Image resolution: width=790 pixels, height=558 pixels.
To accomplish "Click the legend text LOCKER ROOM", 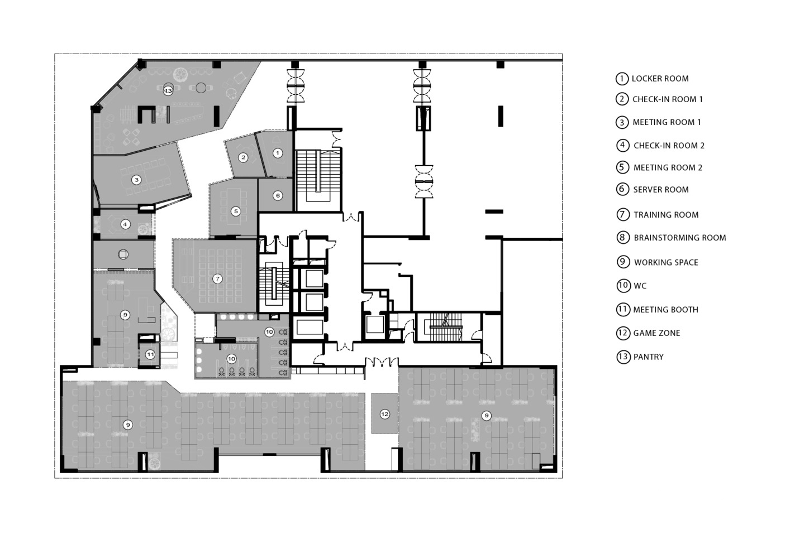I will point(660,79).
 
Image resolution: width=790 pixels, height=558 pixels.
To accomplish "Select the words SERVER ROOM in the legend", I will point(660,190).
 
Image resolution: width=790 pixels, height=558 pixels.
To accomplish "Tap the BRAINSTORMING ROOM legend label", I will point(679,238).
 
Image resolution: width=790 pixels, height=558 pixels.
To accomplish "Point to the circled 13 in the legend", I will point(623,357).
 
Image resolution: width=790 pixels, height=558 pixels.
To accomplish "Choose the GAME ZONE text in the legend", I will point(656,333).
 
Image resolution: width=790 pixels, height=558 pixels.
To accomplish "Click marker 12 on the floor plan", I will point(384,414).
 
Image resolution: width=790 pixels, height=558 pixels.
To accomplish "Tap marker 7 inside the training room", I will point(217,278).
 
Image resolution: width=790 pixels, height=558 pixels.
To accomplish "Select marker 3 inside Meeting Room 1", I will point(136,180).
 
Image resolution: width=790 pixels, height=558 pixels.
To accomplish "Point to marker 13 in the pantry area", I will point(168,90).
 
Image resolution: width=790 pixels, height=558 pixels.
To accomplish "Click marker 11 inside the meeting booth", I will point(150,354).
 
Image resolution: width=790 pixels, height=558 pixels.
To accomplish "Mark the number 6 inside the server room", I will point(278,195).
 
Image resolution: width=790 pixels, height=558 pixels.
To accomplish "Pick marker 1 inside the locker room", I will point(277,152).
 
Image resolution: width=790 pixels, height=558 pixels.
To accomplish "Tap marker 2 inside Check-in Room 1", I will point(243,157).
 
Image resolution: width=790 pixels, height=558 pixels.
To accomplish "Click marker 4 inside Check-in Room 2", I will point(125,224).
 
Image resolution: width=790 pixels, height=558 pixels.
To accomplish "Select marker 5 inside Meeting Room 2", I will point(236,211).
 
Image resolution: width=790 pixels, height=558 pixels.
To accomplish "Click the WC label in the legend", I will point(640,286).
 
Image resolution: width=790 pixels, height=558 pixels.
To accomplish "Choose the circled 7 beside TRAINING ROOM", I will point(623,214).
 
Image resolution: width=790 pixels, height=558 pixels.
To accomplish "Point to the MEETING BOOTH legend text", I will point(665,310).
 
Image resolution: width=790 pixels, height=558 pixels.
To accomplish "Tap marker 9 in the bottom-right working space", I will point(486,415).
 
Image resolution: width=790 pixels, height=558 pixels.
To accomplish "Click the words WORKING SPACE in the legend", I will point(666,262).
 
